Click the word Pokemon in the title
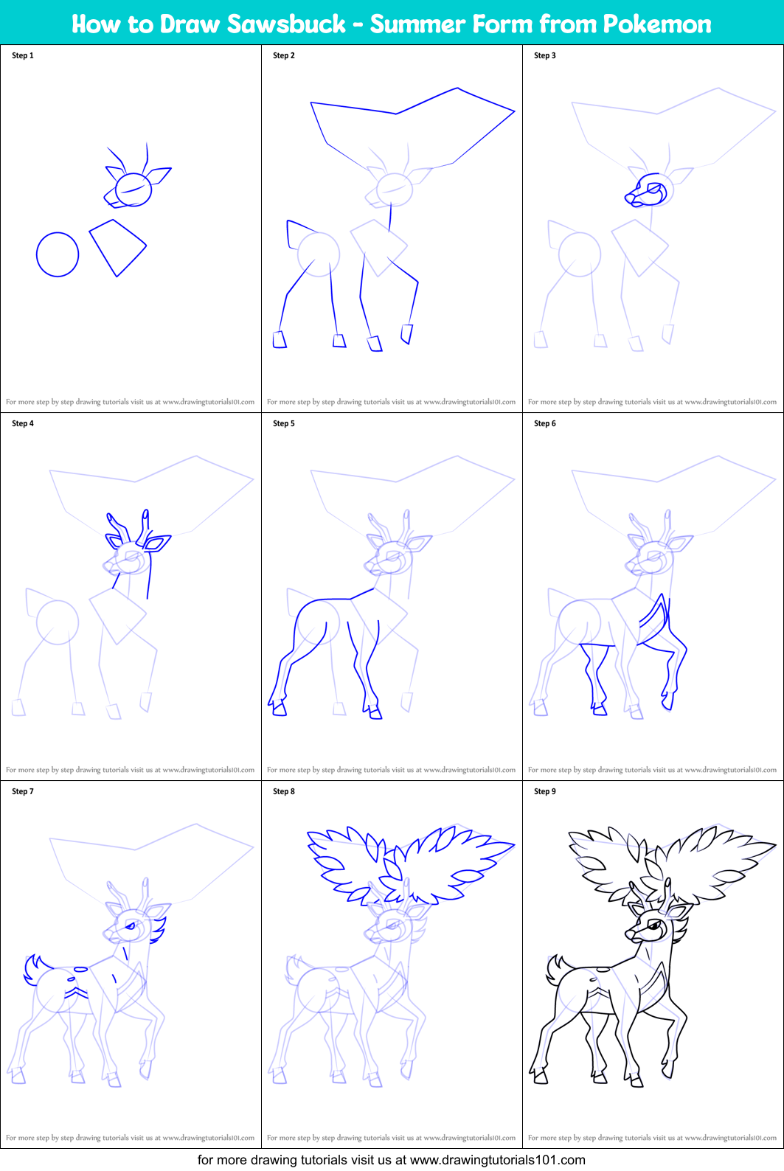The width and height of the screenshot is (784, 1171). pyautogui.click(x=657, y=24)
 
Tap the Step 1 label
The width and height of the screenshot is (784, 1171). pyautogui.click(x=23, y=55)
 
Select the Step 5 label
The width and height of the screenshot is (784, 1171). pyautogui.click(x=284, y=423)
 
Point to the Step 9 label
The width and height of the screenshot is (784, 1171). pyautogui.click(x=545, y=791)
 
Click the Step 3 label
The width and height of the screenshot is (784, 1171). pyautogui.click(x=545, y=55)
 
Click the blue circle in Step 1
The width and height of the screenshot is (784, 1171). pyautogui.click(x=58, y=254)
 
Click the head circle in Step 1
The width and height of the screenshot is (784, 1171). pyautogui.click(x=133, y=190)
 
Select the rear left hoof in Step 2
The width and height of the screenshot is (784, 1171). pyautogui.click(x=280, y=339)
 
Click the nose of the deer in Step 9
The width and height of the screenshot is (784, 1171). pyautogui.click(x=629, y=934)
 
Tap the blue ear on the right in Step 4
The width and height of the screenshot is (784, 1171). pyautogui.click(x=157, y=543)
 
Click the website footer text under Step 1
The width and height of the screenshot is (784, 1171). pyautogui.click(x=131, y=402)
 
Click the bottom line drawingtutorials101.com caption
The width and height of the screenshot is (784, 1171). pyautogui.click(x=392, y=1160)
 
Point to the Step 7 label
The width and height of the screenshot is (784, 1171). pyautogui.click(x=23, y=791)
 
